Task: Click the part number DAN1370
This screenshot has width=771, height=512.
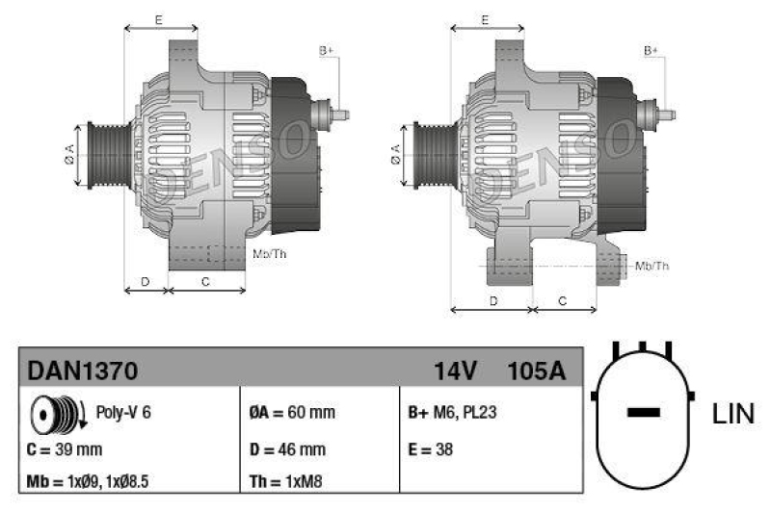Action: point(82,370)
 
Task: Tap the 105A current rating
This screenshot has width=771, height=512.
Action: point(536,370)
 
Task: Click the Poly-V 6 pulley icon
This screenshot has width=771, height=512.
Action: point(54,414)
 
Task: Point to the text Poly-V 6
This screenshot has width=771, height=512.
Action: point(123,413)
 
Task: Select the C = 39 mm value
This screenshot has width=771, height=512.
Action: point(65,448)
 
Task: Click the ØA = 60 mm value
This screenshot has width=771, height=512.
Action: point(292,413)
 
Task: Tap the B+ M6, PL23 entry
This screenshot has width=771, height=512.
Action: point(452,413)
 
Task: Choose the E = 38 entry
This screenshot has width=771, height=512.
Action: point(431,448)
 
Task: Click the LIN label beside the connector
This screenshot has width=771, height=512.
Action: point(733,415)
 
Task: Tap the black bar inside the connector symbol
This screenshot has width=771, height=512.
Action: point(643,413)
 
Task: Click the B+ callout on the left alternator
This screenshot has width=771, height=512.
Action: point(326,50)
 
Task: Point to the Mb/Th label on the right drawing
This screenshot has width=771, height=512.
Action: point(652,265)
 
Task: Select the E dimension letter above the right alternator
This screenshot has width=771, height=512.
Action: point(486,19)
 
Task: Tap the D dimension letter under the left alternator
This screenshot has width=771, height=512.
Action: point(146,281)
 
